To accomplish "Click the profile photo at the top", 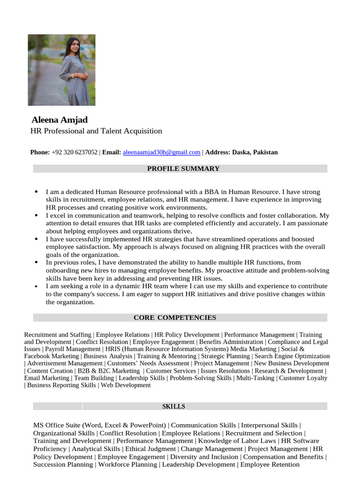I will (x=61, y=70).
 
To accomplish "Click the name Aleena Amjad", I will (x=59, y=120).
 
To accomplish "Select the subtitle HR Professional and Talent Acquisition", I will (x=96, y=131).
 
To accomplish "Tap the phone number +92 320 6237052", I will (x=75, y=152).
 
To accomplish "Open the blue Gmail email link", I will (x=161, y=152).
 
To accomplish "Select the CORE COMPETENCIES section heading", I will (x=175, y=318).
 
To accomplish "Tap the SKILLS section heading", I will (x=174, y=406).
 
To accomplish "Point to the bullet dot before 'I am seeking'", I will (x=36, y=286).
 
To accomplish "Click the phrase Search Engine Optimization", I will (x=292, y=356).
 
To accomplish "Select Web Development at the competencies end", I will (x=126, y=385).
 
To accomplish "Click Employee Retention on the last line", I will (x=270, y=465).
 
